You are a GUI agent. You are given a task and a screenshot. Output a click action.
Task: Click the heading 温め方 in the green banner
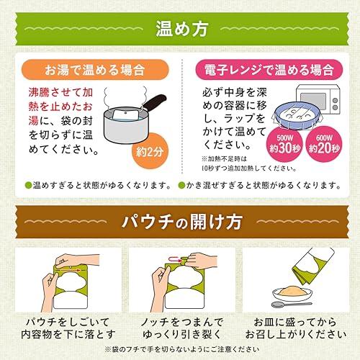[181, 29]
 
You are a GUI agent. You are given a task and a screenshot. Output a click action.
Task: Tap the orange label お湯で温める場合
[95, 70]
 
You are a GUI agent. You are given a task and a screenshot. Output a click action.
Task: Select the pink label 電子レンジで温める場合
[269, 70]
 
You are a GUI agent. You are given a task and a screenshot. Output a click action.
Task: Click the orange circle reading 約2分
[150, 151]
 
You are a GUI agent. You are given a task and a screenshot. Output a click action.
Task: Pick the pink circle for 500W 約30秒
[284, 144]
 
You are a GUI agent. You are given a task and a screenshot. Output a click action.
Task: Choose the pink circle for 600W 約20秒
[324, 144]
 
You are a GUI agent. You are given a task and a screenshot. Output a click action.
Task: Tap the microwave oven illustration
[318, 99]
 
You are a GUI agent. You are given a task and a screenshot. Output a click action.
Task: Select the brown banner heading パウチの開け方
[181, 222]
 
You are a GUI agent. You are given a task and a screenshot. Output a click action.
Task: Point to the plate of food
[292, 293]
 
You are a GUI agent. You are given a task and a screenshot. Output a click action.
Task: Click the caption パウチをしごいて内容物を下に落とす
[68, 328]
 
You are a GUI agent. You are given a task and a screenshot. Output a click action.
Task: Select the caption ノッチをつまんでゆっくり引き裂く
[181, 328]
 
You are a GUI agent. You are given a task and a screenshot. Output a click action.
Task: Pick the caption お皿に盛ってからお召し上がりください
[296, 328]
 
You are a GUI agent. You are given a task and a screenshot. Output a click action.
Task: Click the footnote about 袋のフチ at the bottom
[182, 349]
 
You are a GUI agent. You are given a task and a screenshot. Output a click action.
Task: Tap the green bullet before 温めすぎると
[29, 185]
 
